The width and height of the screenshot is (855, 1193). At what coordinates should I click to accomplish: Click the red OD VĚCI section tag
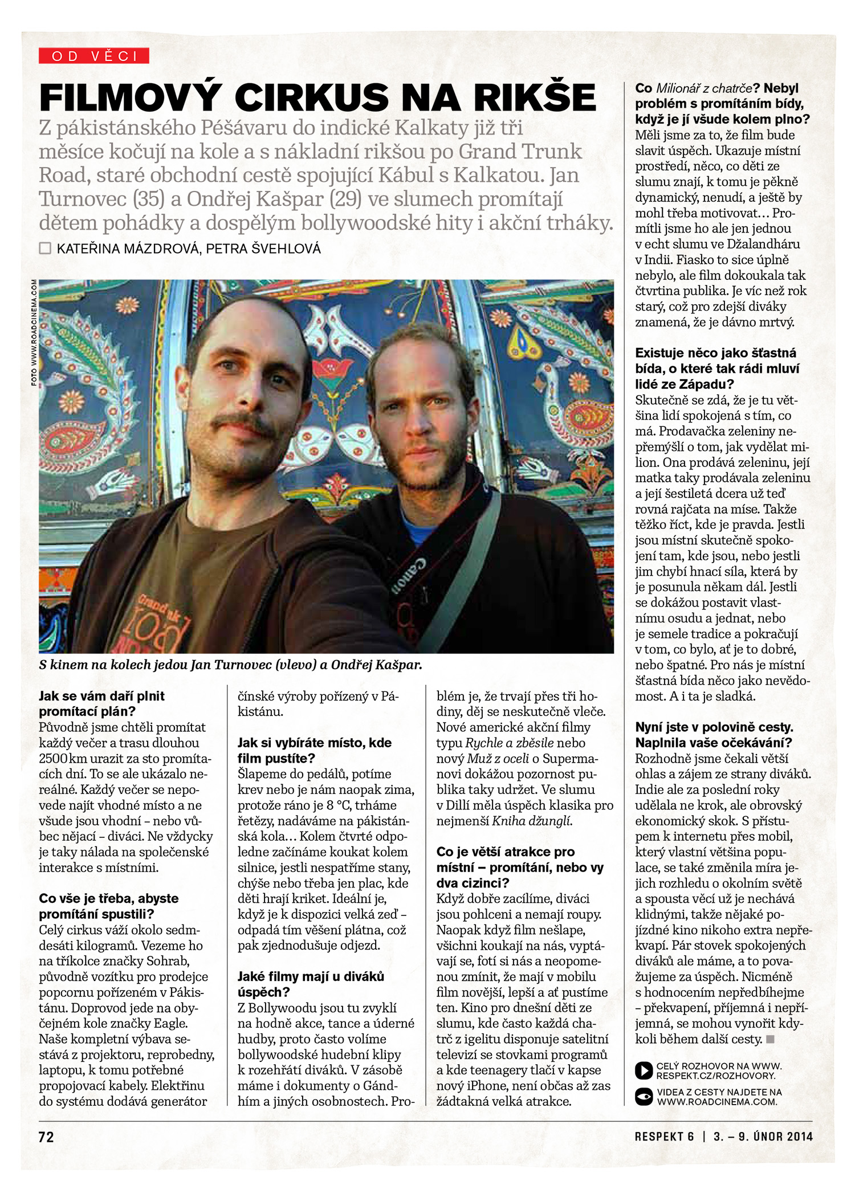tap(94, 56)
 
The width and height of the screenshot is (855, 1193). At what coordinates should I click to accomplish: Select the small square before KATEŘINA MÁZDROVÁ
tap(45, 249)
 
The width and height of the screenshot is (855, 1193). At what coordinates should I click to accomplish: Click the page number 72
tap(46, 1137)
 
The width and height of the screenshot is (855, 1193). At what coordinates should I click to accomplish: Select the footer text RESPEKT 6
tap(664, 1137)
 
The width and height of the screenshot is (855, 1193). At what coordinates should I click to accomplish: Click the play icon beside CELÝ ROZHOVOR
tap(644, 1070)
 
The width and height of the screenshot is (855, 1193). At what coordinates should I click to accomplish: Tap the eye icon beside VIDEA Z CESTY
tap(644, 1097)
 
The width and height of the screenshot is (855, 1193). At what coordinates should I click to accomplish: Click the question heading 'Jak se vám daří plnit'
tap(101, 696)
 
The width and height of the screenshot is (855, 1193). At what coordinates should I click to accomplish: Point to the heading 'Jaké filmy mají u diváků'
tap(311, 976)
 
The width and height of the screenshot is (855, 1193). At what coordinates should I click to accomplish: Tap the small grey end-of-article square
tap(771, 1039)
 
